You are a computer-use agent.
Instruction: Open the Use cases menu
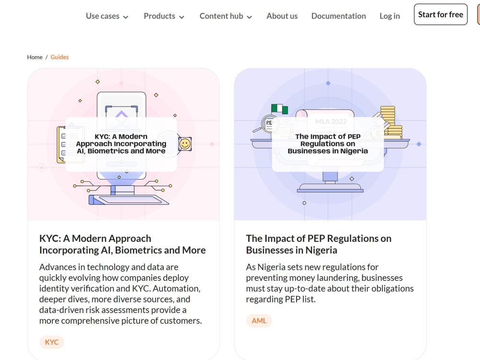tap(107, 16)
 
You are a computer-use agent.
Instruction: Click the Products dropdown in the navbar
tap(164, 16)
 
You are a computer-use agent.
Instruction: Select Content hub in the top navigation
tap(226, 16)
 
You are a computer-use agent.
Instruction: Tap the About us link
tap(282, 16)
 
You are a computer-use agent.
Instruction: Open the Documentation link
tap(338, 16)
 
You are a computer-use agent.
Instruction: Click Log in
tap(390, 16)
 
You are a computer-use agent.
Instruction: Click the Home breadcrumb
tap(35, 57)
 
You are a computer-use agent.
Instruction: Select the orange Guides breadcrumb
tap(60, 57)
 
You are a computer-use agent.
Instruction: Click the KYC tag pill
tap(51, 342)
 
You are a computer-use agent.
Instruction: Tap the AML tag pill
tap(259, 321)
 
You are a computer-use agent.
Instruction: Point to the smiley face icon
tap(185, 144)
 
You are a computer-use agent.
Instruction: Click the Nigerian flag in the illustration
tap(279, 109)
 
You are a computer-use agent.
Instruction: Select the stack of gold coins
tap(391, 122)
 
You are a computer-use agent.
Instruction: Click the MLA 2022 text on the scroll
tap(331, 121)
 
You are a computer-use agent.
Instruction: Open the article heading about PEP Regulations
tap(319, 244)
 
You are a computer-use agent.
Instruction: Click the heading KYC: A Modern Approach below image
tap(122, 244)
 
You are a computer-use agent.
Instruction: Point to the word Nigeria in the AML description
tap(272, 267)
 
